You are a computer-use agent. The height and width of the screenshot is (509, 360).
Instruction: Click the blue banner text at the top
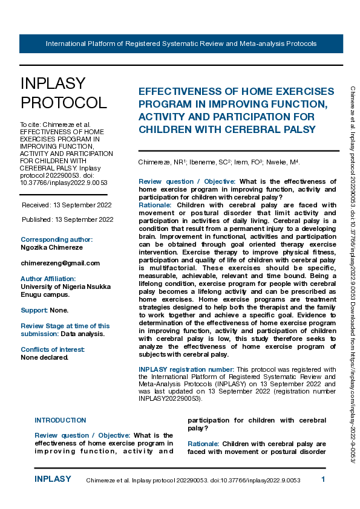pos(181,44)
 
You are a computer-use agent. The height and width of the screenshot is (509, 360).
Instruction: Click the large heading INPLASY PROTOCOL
pos(63,92)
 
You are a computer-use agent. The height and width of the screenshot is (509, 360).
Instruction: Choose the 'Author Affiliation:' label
pos(48,279)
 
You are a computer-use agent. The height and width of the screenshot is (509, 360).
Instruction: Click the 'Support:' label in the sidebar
pos(34,310)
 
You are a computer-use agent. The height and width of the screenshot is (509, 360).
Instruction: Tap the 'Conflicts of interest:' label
pos(53,349)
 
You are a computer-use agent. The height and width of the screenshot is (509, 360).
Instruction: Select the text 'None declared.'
pos(45,357)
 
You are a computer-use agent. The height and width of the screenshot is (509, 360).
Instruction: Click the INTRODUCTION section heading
pos(60,420)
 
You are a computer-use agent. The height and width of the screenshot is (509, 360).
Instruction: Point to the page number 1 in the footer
pos(323,479)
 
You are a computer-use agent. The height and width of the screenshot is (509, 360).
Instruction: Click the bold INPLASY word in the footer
pos(53,479)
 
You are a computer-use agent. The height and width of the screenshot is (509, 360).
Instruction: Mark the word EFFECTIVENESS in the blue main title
pos(185,91)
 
